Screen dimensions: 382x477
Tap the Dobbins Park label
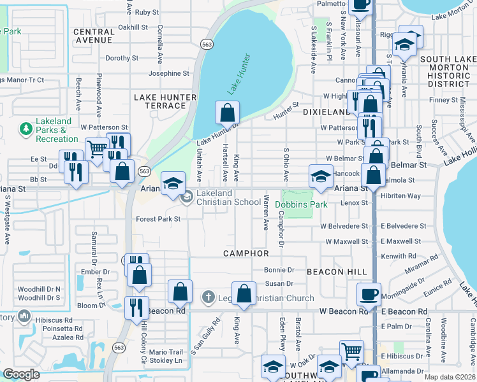pos(301,204)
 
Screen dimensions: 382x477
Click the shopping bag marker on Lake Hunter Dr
pos(227,114)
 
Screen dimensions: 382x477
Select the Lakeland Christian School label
pos(219,197)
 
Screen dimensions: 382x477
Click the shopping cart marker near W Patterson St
pos(97,151)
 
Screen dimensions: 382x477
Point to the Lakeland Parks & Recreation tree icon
pos(26,130)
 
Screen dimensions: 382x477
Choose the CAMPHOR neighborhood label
pos(246,253)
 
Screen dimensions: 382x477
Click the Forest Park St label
pos(158,219)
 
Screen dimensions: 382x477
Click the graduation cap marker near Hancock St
pos(321,178)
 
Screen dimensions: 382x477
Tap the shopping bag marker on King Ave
pos(244,295)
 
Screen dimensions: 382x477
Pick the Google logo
pos(21,374)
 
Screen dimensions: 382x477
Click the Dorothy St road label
pos(122,58)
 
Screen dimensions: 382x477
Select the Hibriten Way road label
pos(400,196)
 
